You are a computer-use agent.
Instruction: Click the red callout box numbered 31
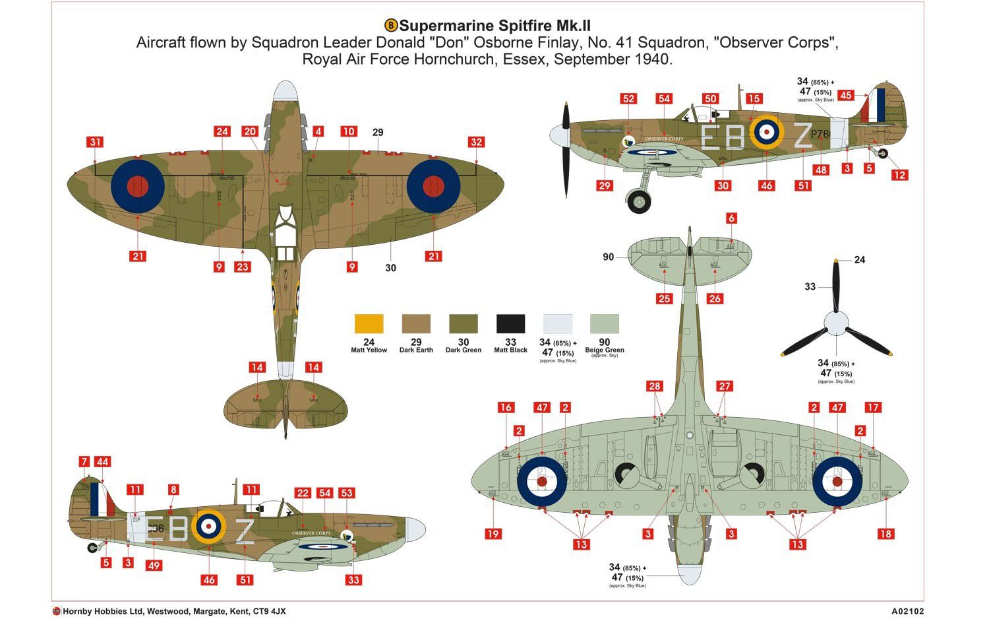pyautogui.click(x=96, y=142)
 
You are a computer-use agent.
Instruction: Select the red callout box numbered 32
pyautogui.click(x=476, y=142)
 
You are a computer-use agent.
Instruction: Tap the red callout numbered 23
pyautogui.click(x=243, y=267)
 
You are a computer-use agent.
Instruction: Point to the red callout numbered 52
pyautogui.click(x=628, y=99)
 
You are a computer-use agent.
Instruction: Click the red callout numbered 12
pyautogui.click(x=899, y=175)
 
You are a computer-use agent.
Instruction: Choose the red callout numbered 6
pyautogui.click(x=731, y=218)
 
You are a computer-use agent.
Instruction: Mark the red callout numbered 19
pyautogui.click(x=493, y=534)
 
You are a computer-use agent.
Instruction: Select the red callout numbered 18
pyautogui.click(x=885, y=534)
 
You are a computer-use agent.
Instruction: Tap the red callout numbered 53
pyautogui.click(x=346, y=493)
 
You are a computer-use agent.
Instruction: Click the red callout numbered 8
pyautogui.click(x=173, y=490)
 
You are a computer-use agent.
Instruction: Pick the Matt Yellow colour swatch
pyautogui.click(x=369, y=323)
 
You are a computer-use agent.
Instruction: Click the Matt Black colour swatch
pyautogui.click(x=510, y=323)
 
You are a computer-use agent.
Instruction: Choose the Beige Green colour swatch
pyautogui.click(x=605, y=323)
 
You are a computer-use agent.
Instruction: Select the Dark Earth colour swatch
pyautogui.click(x=416, y=323)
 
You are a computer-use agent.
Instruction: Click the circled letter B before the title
pyautogui.click(x=391, y=26)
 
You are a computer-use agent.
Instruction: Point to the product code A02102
pyautogui.click(x=907, y=611)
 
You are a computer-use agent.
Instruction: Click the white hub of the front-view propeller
pyautogui.click(x=836, y=323)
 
